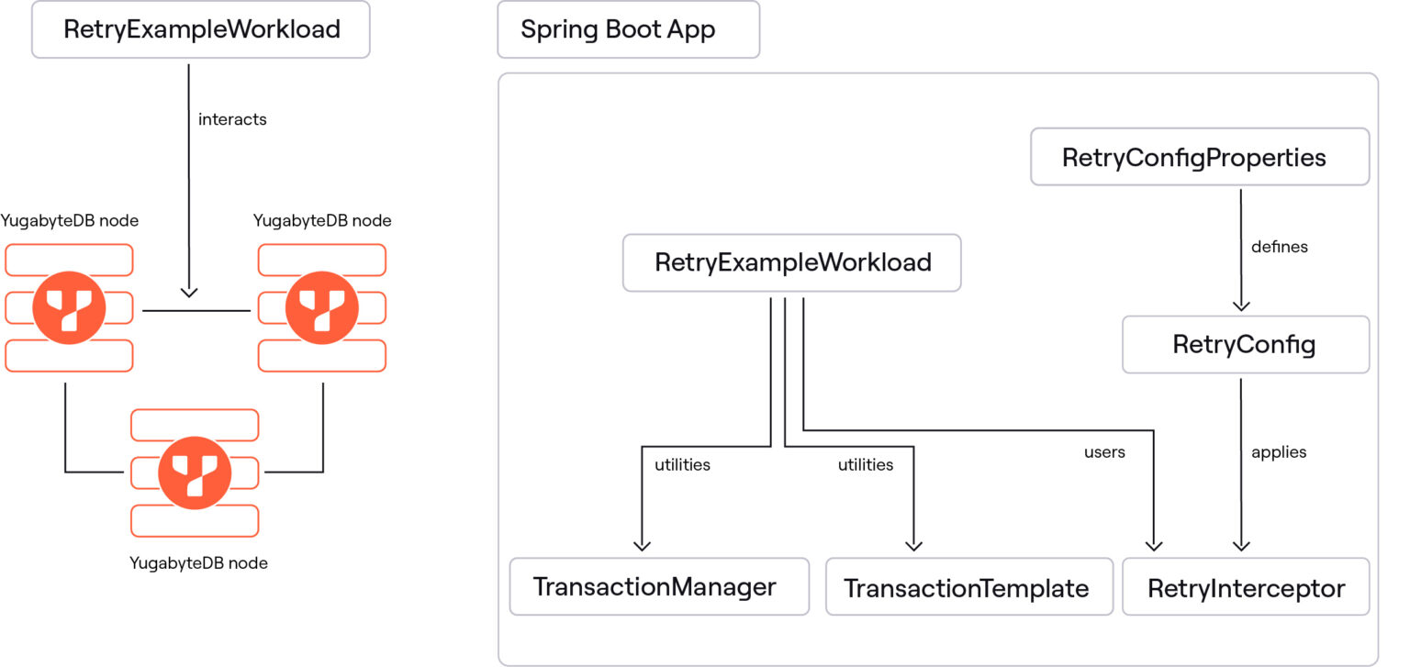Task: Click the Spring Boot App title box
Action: tap(628, 29)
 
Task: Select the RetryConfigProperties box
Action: tap(1199, 157)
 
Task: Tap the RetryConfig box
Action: tap(1245, 345)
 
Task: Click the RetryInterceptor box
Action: tap(1246, 587)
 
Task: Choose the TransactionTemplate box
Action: tap(966, 587)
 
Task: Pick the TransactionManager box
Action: tap(658, 587)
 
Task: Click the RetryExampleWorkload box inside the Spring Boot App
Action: tap(791, 262)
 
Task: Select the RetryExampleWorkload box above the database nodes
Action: tap(201, 29)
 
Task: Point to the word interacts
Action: tap(232, 119)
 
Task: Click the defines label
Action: tap(1279, 247)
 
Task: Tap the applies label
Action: tap(1279, 452)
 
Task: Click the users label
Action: tap(1104, 452)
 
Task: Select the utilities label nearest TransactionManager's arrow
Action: tap(682, 465)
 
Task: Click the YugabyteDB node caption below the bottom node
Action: tap(199, 562)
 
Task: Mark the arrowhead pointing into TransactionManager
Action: tap(642, 545)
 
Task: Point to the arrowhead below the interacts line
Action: tap(188, 292)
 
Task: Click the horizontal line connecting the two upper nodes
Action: tap(196, 311)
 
